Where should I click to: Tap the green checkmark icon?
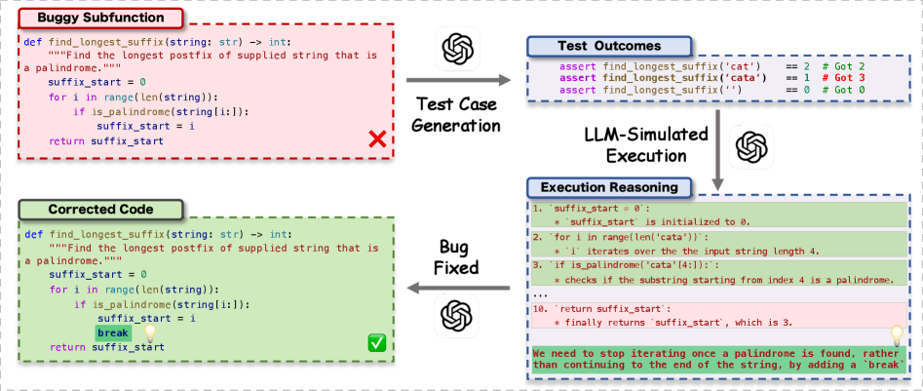pos(375,343)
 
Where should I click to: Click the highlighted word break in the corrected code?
pos(112,333)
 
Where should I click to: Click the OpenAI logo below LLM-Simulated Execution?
pos(751,146)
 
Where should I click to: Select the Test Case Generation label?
pos(458,114)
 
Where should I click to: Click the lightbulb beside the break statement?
pos(150,332)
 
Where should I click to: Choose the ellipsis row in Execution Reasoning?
pos(542,293)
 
